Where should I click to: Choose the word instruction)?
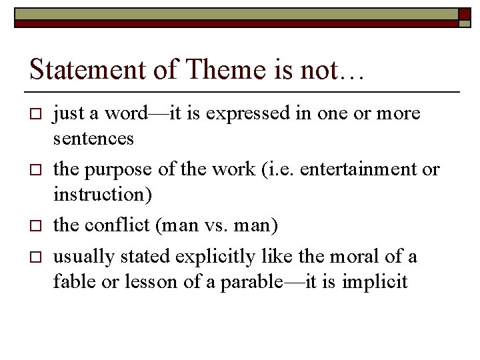click(103, 196)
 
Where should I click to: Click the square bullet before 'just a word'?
click(36, 114)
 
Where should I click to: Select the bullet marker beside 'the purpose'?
click(36, 170)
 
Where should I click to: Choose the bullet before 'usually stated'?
click(36, 257)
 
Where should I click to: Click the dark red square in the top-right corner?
click(465, 15)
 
